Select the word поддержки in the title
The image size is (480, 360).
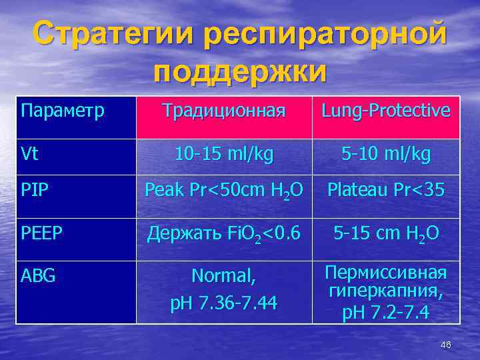[240, 71]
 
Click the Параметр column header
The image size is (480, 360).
[63, 110]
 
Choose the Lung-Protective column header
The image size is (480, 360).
[385, 111]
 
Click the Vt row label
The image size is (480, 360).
[30, 155]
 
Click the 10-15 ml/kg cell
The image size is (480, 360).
[224, 155]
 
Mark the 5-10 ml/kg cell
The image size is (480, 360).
[385, 155]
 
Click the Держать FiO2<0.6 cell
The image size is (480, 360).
[224, 235]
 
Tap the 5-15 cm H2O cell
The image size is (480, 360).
[385, 235]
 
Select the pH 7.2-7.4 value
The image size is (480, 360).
[385, 311]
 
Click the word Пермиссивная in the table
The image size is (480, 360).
[385, 273]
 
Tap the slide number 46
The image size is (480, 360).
[446, 345]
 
